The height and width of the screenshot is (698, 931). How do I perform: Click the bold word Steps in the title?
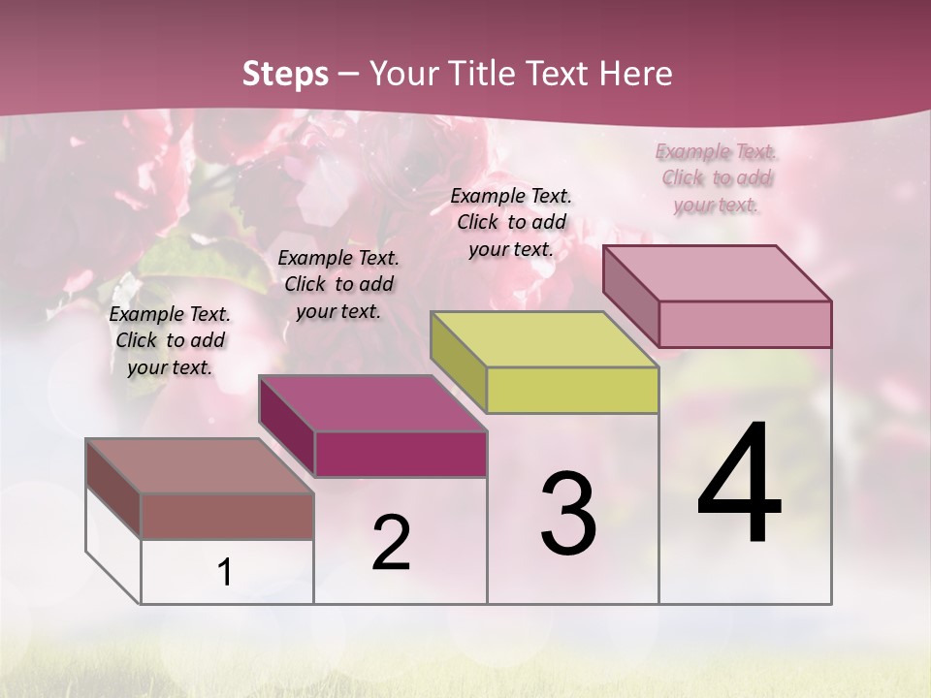pos(285,74)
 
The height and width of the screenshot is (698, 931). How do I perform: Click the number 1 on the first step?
pos(225,573)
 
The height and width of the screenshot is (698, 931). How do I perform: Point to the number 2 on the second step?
pos(392,543)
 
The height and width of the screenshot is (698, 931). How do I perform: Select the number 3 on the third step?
pos(568,514)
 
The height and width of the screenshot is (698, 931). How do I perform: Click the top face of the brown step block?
pos(199,466)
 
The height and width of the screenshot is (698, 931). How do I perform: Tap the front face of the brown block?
pos(227,516)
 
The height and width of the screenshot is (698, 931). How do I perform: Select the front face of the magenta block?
pos(401,454)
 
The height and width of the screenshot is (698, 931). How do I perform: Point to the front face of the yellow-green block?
pos(572,390)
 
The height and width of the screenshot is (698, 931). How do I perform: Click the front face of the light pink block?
pos(745,324)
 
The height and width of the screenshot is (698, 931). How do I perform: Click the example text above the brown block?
pos(170,341)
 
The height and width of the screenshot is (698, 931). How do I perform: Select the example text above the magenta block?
pos(338,284)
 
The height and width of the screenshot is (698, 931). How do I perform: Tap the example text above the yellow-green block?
pos(511,222)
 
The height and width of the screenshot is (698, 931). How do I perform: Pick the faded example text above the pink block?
pos(717,177)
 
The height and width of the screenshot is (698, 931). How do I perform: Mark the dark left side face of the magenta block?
pos(287,428)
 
